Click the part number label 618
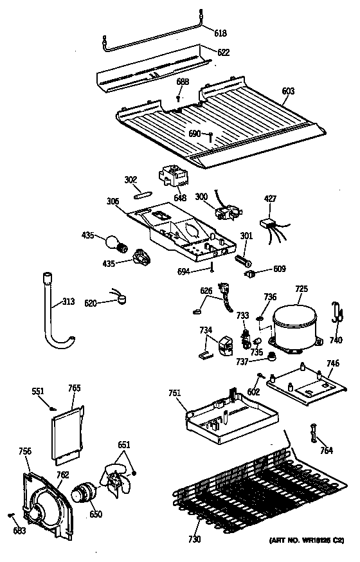[220, 33]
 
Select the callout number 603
[287, 91]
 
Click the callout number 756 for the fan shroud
[24, 452]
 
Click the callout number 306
[113, 201]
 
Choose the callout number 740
[336, 340]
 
